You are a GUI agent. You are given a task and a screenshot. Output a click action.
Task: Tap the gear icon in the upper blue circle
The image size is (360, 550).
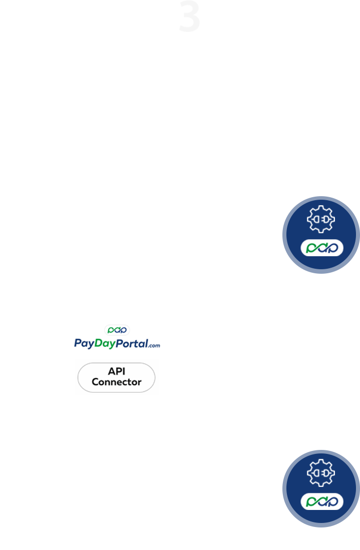[x=321, y=219]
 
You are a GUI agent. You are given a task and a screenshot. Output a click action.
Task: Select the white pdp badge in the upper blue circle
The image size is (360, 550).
[x=321, y=248]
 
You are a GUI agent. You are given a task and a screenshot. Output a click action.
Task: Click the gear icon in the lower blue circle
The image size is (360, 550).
[x=321, y=472]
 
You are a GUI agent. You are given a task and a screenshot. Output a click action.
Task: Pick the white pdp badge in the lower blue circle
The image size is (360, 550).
[x=321, y=501]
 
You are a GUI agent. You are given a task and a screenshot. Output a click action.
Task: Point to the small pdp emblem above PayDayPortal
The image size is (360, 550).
[x=117, y=330]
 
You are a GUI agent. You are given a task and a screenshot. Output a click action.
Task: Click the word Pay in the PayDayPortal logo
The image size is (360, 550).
[x=84, y=343]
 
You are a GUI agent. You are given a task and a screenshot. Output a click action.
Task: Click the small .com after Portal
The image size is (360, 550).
[x=154, y=345]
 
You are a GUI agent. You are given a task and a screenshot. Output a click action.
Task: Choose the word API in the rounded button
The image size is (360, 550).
[x=116, y=371]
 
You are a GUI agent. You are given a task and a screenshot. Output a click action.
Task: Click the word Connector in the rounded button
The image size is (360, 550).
[x=116, y=382]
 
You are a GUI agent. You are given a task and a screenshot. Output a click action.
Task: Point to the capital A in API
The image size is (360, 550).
[x=110, y=371]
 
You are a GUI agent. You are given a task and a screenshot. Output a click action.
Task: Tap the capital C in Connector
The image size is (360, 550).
[x=95, y=382]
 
